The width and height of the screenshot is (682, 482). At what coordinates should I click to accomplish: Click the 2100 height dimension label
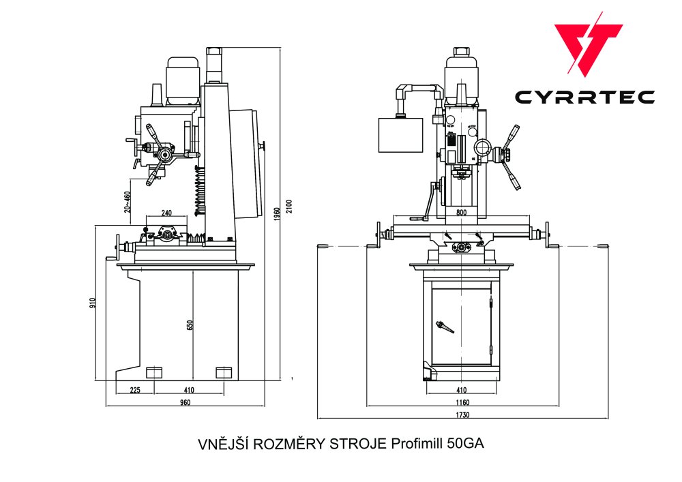click(288, 206)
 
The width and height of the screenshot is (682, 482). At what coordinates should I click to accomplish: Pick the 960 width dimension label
click(185, 402)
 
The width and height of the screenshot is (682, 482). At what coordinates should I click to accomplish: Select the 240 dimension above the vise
click(167, 213)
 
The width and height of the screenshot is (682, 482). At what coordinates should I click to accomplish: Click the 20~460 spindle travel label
click(128, 202)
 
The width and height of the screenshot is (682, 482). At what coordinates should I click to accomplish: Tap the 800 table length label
click(462, 213)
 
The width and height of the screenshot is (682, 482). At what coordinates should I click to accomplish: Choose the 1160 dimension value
click(462, 403)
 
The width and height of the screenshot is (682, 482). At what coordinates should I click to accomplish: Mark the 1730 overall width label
click(462, 415)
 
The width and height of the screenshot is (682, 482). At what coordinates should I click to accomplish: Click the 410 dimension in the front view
click(462, 391)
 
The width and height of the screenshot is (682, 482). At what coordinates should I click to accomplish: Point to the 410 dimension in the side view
click(189, 391)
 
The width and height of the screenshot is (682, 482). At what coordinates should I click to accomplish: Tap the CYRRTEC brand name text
click(584, 97)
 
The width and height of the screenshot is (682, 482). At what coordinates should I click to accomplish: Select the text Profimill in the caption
click(418, 444)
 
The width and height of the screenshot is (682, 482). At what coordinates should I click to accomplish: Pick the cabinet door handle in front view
click(445, 327)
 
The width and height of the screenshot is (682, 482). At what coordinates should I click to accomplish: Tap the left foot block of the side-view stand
click(155, 372)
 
